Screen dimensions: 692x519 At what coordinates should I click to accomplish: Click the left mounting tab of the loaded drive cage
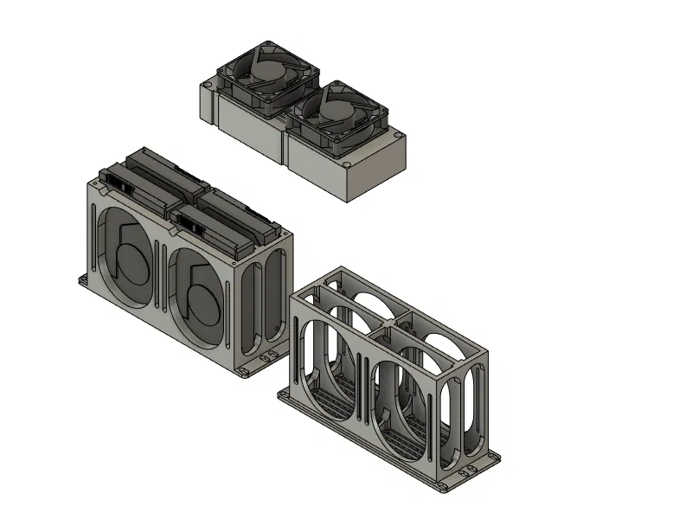pos(85,280)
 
